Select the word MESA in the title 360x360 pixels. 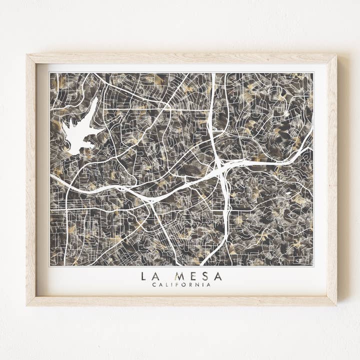click(198, 276)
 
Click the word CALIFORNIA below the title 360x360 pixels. click(181, 285)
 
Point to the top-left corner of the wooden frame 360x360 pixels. click(28, 55)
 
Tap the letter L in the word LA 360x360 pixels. click(144, 276)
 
